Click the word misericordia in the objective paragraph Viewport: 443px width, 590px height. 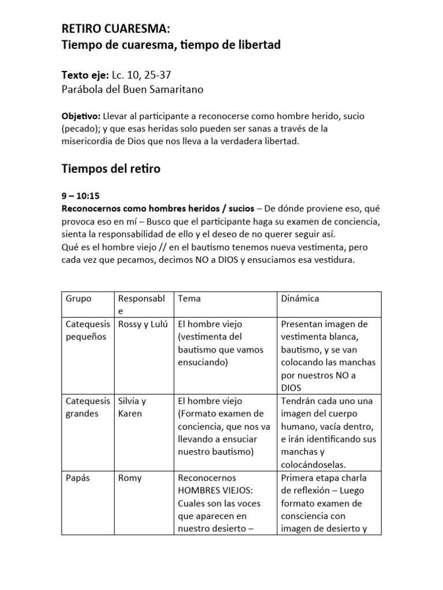pos(88,141)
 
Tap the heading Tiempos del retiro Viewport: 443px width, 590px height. pos(111,169)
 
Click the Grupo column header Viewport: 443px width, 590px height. pos(78,298)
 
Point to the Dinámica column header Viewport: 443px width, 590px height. pos(299,298)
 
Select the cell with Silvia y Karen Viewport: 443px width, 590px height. pos(132,407)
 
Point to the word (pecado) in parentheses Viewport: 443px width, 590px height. pos(80,128)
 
